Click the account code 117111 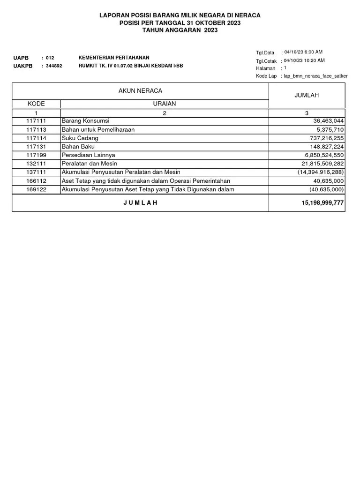click(36, 120)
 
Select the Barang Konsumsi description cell click(85, 120)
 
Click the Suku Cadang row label click(80, 138)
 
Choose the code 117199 click(36, 155)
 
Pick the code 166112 click(36, 180)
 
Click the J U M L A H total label click(140, 202)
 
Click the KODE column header click(36, 104)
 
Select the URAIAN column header click(164, 104)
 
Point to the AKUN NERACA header click(140, 90)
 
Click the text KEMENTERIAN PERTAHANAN click(114, 57)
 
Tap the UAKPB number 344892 click(54, 66)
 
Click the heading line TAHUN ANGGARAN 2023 click(180, 30)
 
